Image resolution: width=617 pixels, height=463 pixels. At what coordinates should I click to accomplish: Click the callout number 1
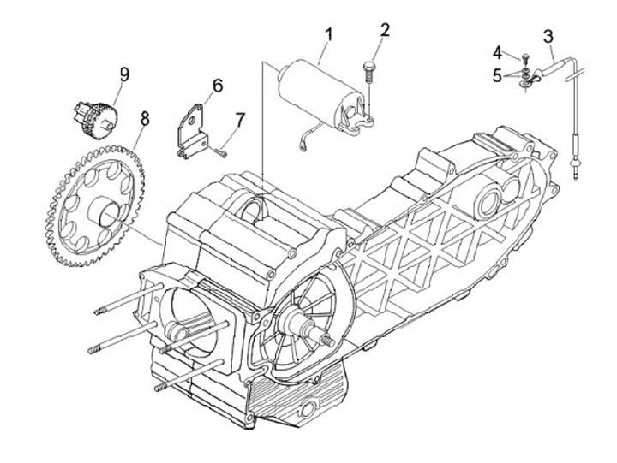328,34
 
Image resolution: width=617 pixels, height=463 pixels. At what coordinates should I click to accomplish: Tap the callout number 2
385,30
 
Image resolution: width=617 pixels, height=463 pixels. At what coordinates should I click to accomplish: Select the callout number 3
548,36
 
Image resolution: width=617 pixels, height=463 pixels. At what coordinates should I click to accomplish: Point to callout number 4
498,53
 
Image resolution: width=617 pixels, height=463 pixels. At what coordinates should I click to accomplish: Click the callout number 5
497,76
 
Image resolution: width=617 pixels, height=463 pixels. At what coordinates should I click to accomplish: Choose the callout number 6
218,86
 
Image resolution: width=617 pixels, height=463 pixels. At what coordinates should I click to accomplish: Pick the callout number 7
240,120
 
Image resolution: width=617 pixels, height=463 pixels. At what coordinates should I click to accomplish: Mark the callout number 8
145,118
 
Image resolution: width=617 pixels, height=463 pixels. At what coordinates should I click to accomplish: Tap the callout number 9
124,74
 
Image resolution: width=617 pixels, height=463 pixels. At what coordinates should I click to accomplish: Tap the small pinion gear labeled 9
95,117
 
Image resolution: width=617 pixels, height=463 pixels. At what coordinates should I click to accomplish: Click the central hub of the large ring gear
103,212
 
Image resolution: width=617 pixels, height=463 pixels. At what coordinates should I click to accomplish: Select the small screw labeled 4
524,59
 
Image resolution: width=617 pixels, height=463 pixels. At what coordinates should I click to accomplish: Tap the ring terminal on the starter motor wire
303,146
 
